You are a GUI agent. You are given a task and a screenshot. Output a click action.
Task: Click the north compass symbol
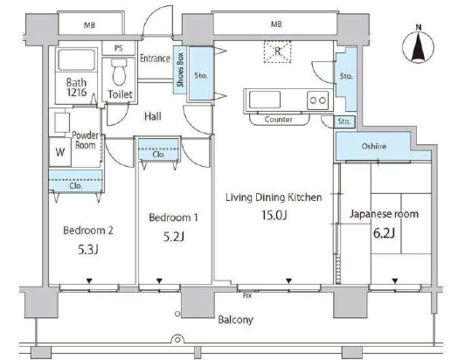click(419, 46)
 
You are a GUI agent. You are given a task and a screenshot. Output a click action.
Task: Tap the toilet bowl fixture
click(119, 72)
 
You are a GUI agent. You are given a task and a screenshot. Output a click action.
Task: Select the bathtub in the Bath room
click(77, 59)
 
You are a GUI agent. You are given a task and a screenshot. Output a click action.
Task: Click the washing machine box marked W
click(60, 152)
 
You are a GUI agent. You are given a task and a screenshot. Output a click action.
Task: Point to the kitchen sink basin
click(265, 100)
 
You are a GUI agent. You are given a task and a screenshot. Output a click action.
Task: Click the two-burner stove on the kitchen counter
click(318, 100)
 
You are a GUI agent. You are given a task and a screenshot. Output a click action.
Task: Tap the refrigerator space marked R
click(277, 52)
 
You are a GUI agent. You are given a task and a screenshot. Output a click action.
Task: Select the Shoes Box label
click(180, 70)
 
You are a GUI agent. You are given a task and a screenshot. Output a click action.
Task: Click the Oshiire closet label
click(374, 146)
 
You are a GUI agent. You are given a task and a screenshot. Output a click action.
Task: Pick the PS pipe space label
click(119, 48)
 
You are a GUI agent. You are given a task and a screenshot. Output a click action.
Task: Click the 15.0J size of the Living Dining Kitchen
click(274, 215)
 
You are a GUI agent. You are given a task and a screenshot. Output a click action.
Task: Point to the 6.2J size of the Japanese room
click(384, 233)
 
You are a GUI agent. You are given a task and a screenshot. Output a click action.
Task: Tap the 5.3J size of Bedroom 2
click(88, 250)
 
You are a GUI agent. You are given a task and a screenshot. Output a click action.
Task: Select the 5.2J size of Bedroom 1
click(174, 237)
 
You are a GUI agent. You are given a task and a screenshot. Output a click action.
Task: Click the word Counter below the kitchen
click(278, 119)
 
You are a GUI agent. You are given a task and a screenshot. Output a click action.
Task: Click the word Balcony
click(235, 320)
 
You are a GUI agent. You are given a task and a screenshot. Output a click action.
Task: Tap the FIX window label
click(247, 295)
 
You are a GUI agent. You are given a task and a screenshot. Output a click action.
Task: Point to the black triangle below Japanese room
click(395, 280)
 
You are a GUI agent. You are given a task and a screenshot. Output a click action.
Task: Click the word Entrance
click(155, 58)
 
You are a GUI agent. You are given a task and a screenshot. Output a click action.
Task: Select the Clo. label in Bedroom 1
click(158, 154)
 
